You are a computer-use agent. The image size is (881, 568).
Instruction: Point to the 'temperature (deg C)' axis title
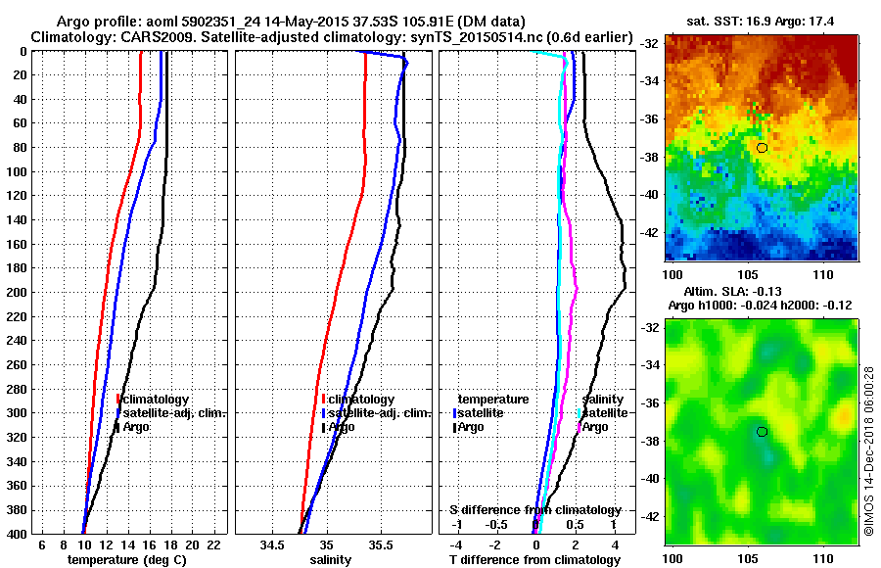[x=125, y=559]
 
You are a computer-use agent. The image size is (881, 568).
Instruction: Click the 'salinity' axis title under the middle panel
[x=330, y=559]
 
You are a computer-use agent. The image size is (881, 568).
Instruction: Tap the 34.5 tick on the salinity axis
[x=272, y=544]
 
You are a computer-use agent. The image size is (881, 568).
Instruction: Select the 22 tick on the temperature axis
[x=213, y=544]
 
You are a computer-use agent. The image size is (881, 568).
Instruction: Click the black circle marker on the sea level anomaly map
[x=762, y=431]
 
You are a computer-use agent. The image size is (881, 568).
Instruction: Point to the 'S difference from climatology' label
[x=535, y=510]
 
